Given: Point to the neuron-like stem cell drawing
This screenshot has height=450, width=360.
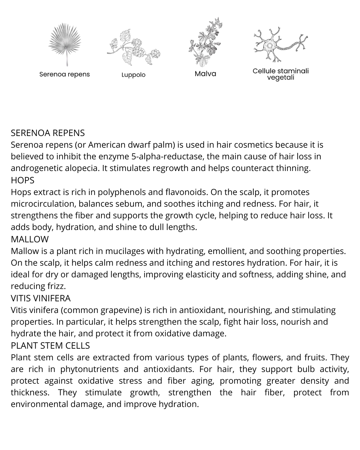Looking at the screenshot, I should [280, 45].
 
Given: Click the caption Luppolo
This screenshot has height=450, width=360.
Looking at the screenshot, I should [133, 75].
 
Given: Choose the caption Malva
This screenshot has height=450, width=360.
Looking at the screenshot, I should [205, 74].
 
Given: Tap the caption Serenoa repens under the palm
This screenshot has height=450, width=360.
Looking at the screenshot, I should [65, 74].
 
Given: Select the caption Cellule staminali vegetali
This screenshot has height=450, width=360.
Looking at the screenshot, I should [281, 74].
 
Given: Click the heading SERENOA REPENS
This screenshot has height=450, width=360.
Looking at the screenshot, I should [48, 133].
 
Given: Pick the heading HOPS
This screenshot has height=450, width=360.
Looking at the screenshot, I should [23, 180].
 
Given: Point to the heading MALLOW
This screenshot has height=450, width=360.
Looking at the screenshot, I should [30, 239].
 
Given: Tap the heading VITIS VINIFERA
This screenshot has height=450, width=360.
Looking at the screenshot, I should [41, 298].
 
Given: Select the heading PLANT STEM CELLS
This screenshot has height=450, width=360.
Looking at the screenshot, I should [50, 345].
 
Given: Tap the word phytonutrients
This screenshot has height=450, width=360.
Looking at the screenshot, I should [89, 369].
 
